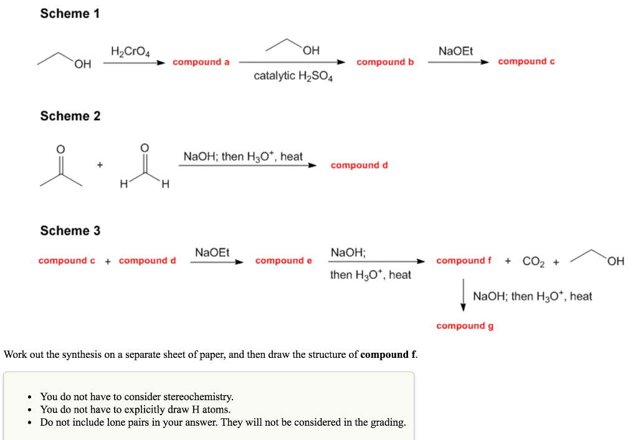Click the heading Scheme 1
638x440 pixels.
click(70, 14)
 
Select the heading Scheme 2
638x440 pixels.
click(70, 116)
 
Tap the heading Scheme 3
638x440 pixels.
click(70, 231)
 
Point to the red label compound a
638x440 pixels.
click(201, 62)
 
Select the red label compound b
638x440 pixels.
click(385, 62)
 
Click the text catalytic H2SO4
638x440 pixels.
click(293, 77)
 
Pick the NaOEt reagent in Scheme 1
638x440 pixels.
click(455, 50)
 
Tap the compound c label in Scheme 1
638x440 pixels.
click(526, 62)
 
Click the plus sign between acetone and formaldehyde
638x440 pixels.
click(100, 165)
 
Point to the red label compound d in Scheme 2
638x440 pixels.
click(359, 166)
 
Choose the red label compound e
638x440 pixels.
click(283, 261)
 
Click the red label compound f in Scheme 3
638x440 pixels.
click(464, 261)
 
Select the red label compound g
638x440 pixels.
click(465, 326)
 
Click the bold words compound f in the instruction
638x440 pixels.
click(388, 355)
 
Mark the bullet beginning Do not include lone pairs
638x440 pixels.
click(222, 423)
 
